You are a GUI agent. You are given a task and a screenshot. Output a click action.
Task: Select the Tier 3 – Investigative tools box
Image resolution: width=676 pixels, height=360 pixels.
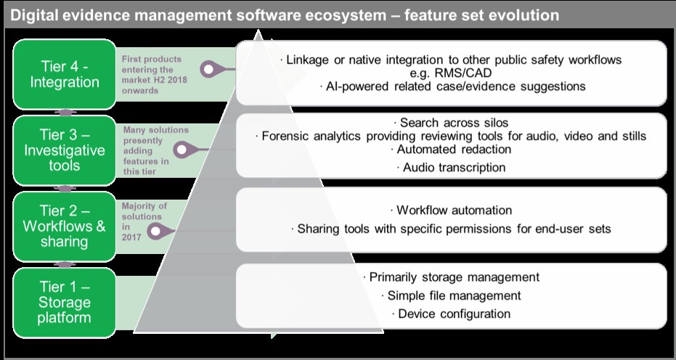65,150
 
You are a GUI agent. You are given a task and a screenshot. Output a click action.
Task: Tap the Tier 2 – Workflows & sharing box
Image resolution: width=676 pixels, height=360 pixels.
65,226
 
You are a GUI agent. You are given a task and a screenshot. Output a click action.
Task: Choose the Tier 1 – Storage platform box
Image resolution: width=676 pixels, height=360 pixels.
65,302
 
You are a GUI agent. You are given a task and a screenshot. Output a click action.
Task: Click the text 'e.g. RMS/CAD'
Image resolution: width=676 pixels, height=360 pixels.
451,73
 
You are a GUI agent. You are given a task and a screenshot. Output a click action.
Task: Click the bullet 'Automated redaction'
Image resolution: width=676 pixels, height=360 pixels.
451,150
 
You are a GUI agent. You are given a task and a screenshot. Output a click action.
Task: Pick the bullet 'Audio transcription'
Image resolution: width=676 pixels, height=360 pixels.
451,168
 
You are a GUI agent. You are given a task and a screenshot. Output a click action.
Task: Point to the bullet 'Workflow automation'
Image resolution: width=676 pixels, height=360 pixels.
451,210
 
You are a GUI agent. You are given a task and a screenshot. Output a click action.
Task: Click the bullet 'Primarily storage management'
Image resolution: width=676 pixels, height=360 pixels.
451,277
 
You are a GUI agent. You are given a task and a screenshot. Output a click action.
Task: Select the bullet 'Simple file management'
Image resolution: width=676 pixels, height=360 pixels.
451,295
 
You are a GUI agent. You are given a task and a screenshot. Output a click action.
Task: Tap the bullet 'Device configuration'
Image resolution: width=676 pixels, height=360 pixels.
451,314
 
